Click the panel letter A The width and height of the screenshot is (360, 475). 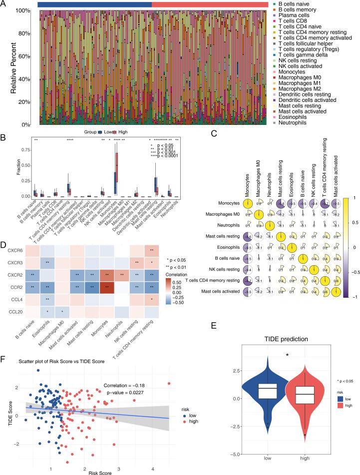[x=5, y=4]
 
